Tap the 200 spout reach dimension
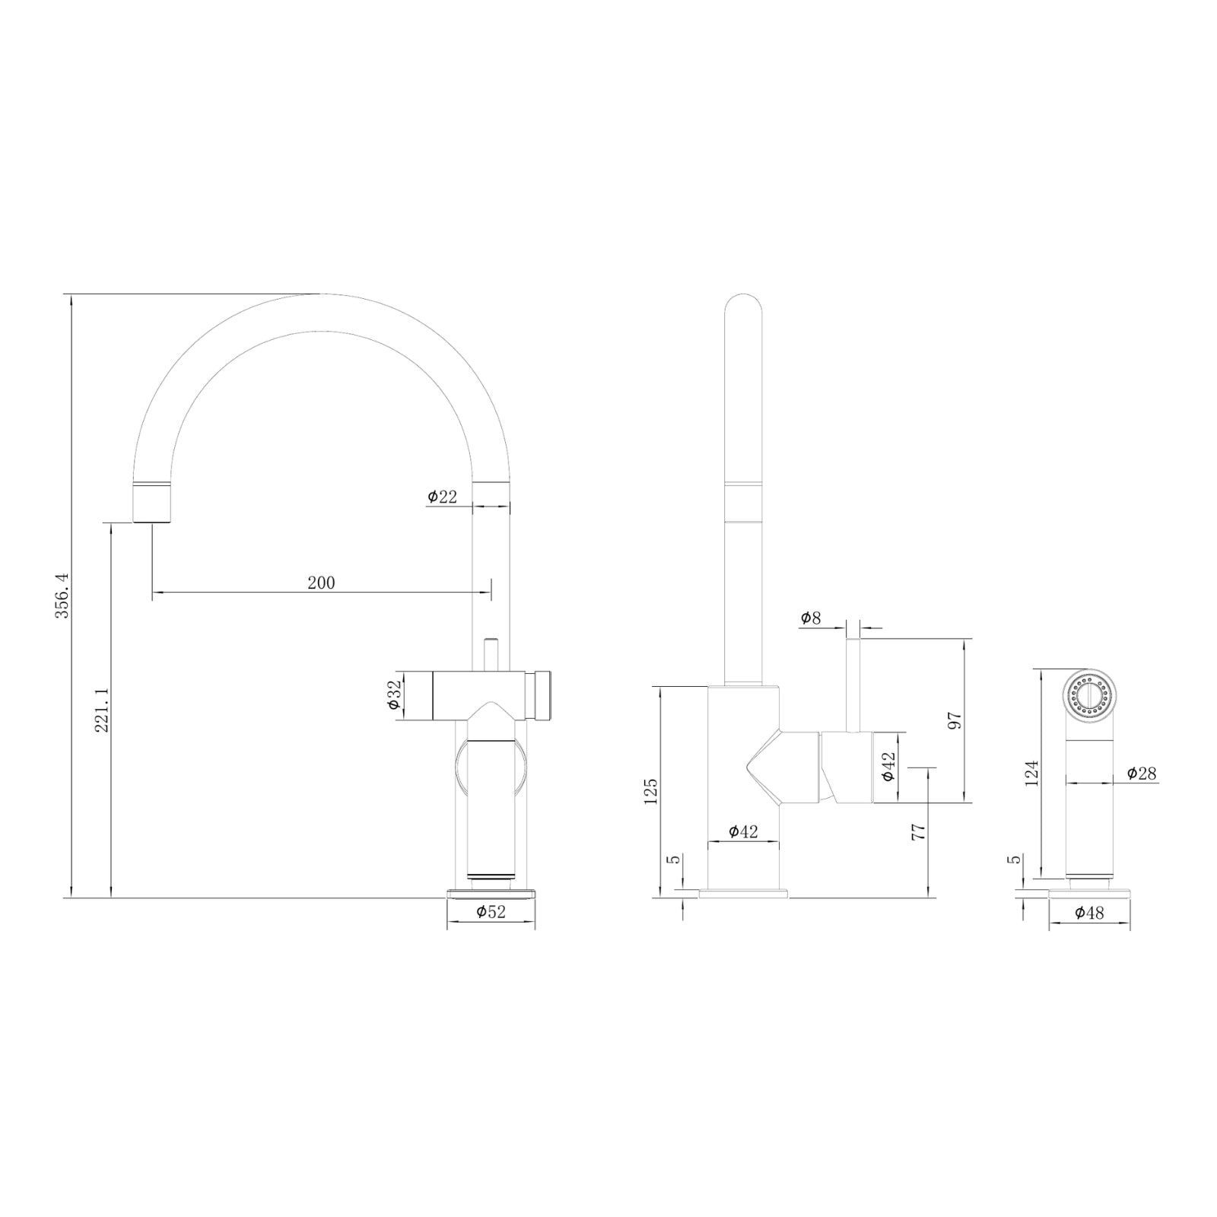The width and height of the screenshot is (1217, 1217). (321, 583)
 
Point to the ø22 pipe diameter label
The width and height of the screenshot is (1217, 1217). (443, 497)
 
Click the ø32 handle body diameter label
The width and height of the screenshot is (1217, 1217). (393, 695)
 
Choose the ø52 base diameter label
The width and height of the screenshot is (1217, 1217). (491, 911)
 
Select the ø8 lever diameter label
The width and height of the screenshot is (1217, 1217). (811, 618)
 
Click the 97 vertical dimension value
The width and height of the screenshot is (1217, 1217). (955, 720)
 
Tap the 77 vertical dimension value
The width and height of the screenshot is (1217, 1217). (918, 831)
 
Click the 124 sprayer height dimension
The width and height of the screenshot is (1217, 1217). (1031, 773)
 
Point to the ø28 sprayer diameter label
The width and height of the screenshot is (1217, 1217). (1142, 774)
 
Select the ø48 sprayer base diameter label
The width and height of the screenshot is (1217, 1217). (1089, 913)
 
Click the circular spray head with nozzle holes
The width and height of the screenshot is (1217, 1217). (1089, 694)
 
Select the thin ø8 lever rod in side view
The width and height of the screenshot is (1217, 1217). (853, 685)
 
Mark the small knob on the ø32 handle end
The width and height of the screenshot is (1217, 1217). (543, 695)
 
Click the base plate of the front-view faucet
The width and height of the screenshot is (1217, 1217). (491, 893)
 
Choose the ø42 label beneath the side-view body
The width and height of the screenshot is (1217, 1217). (743, 831)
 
